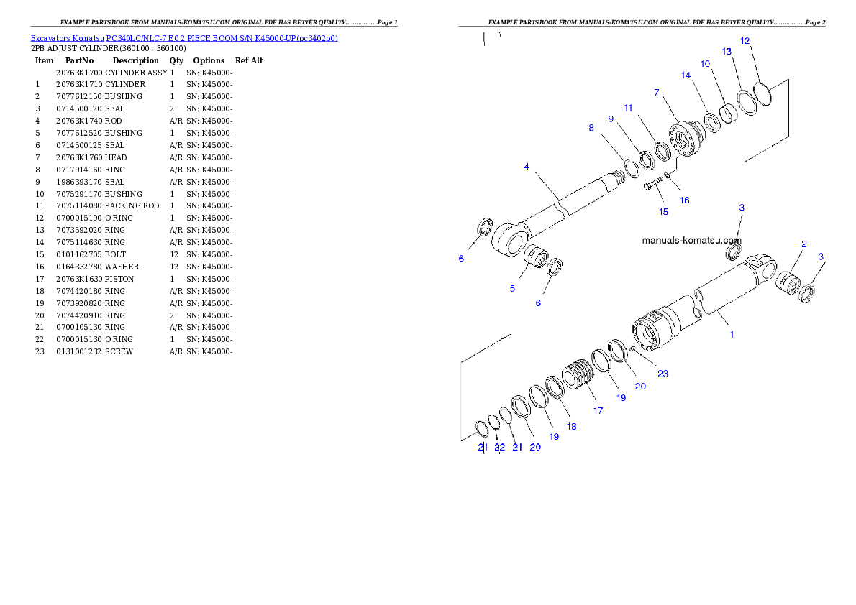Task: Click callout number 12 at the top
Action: pos(745,41)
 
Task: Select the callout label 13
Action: pos(727,52)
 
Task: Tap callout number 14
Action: pos(686,75)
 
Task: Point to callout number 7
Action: pos(656,93)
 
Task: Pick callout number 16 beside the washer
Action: pos(684,200)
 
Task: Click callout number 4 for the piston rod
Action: pos(527,167)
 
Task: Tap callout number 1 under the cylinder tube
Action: pos(732,334)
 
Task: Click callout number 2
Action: pos(803,244)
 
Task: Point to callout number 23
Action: pos(663,374)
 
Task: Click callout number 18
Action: pos(571,426)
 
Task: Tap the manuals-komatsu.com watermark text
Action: pos(691,241)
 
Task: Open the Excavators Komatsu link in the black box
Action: pos(184,37)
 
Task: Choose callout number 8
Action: pos(591,128)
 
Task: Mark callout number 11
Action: pos(628,108)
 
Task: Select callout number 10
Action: pos(705,64)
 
